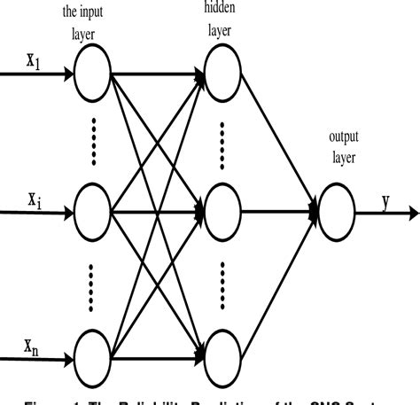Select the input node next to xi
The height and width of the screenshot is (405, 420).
coord(94,212)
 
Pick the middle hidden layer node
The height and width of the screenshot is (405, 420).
coord(223,212)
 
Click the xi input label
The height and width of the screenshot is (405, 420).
coord(32,199)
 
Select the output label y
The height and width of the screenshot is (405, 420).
coord(385,200)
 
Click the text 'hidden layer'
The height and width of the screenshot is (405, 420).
coord(223,20)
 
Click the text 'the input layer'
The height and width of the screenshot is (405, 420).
coord(92,25)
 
